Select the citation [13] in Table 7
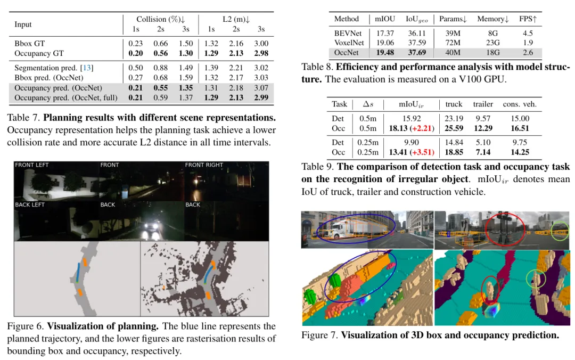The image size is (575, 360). point(86,68)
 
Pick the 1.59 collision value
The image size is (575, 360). point(186,78)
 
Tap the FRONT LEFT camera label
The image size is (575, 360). point(31,165)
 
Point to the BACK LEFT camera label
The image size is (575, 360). point(30,204)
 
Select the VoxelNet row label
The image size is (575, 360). point(349,43)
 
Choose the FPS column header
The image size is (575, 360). point(527,19)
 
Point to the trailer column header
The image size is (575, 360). point(482,104)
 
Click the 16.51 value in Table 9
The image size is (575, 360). point(520,128)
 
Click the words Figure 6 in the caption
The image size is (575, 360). point(25,326)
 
